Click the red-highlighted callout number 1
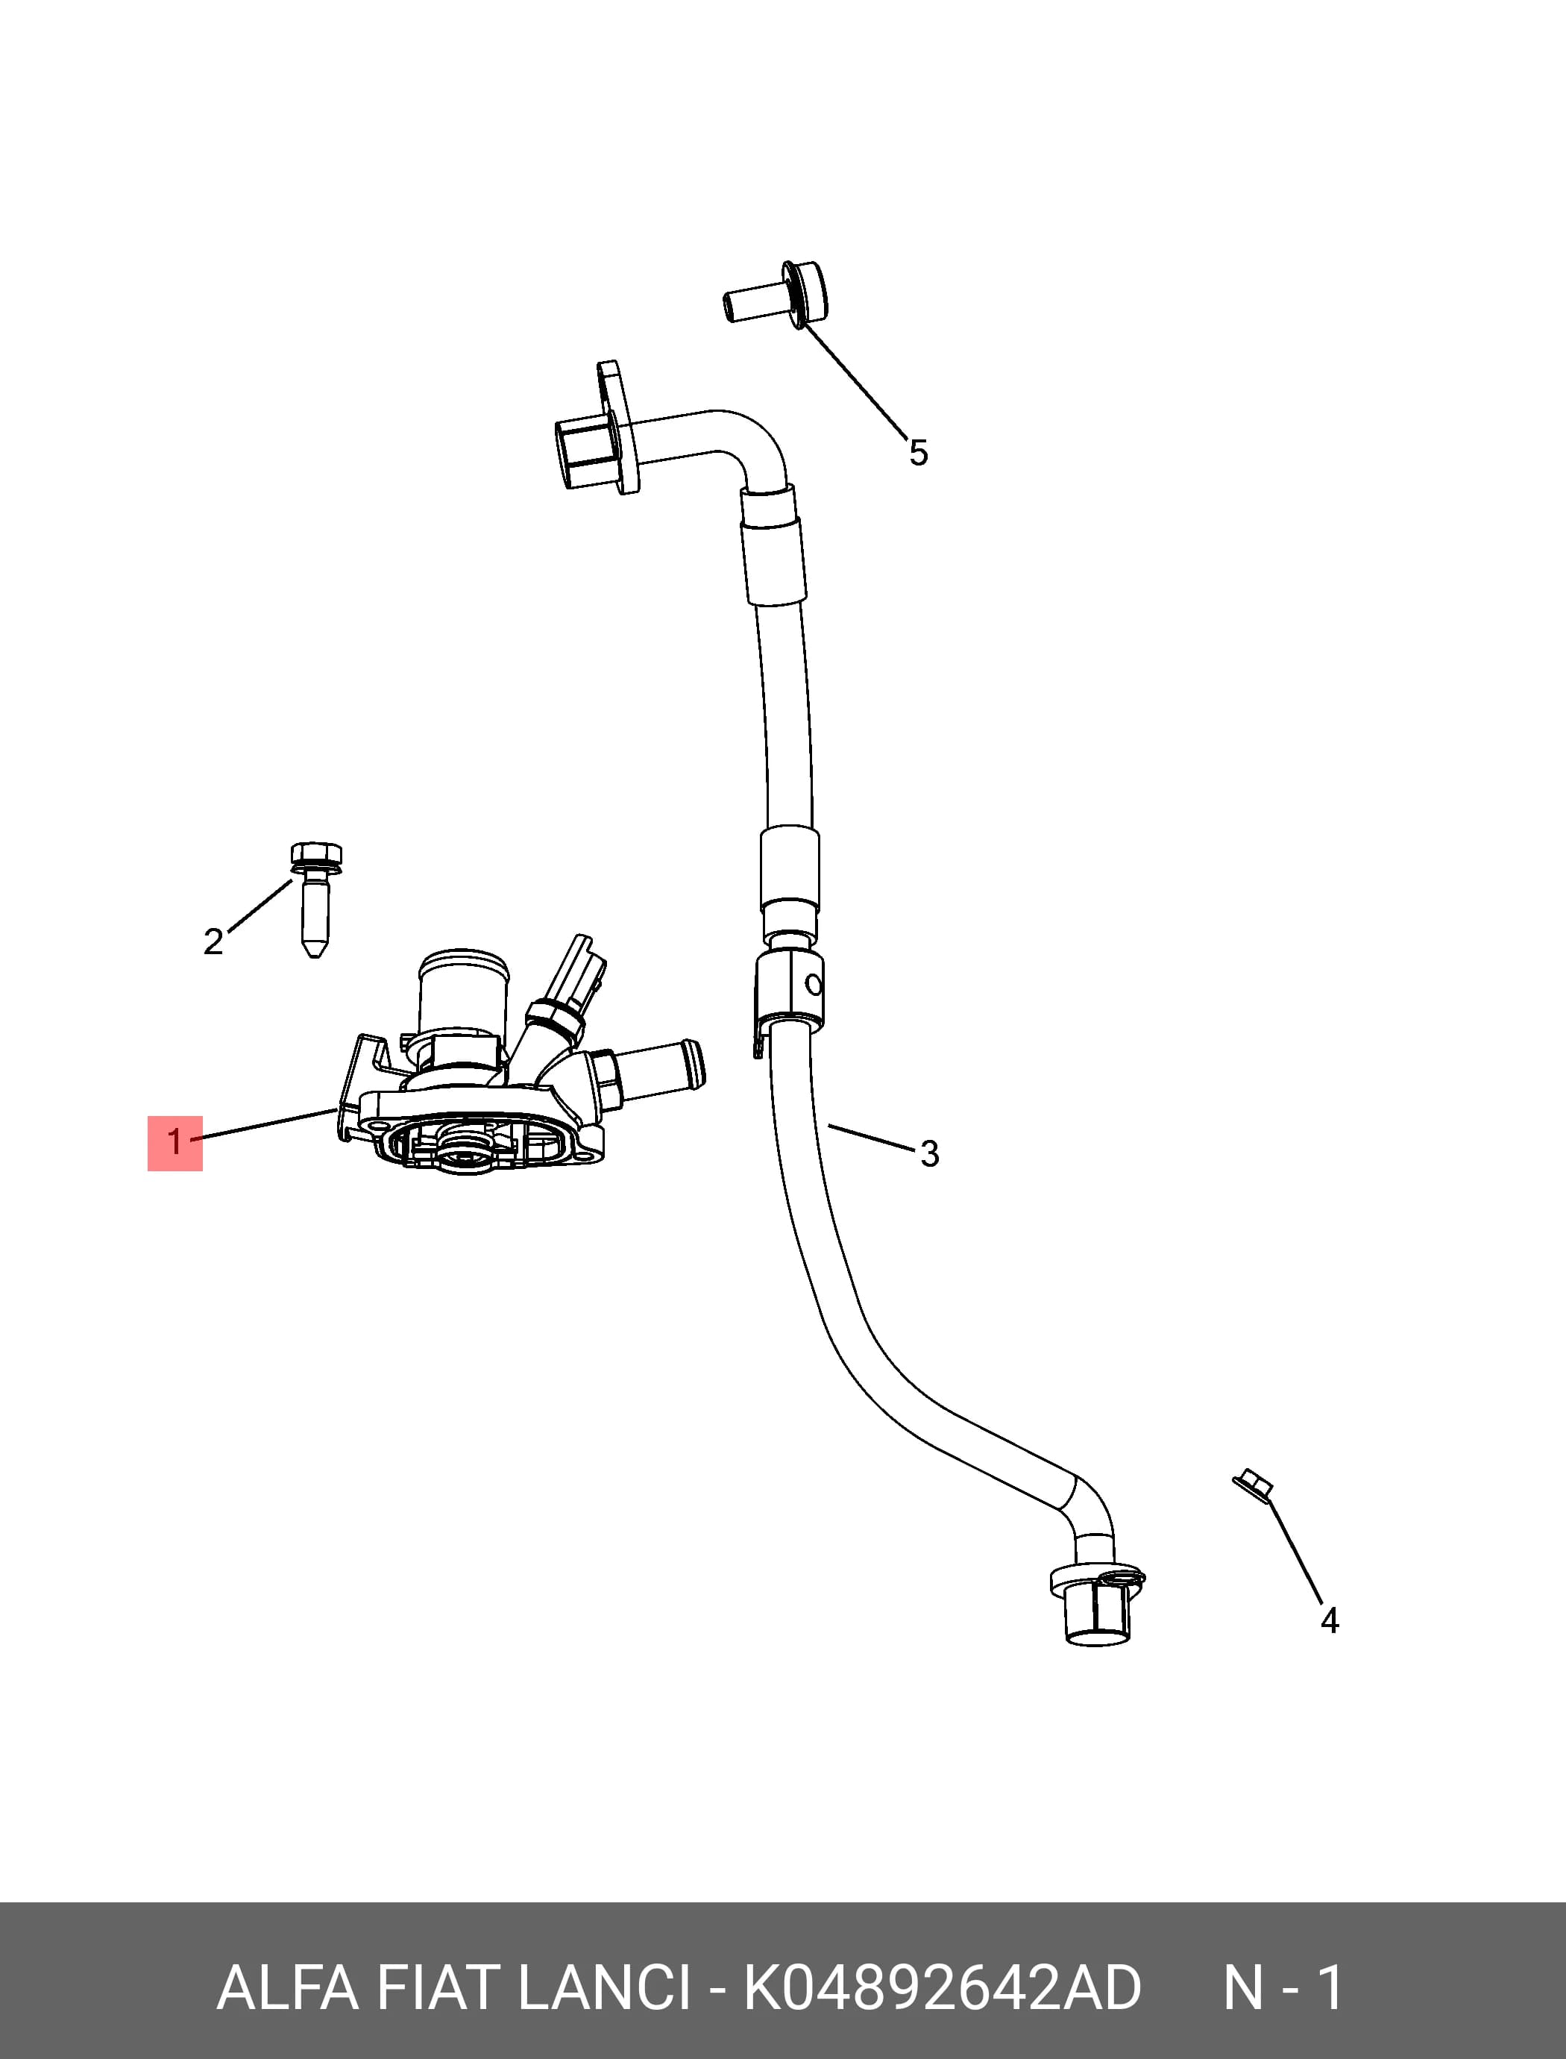(x=174, y=1142)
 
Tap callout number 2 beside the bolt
(x=213, y=941)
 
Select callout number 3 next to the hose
(x=929, y=1153)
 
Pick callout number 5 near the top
(x=919, y=454)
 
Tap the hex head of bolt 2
(x=316, y=854)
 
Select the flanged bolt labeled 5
(x=775, y=294)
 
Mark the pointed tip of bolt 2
(x=315, y=956)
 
